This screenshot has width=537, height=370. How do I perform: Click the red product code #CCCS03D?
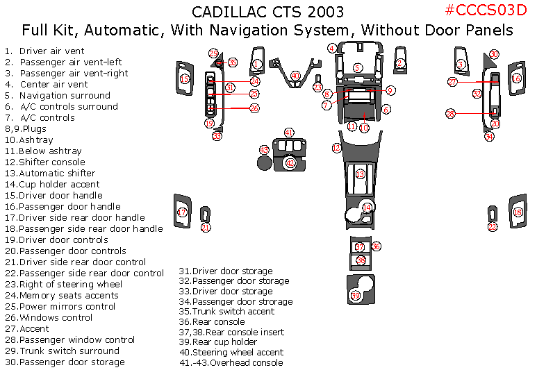click(486, 10)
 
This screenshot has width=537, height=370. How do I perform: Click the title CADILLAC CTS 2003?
click(267, 12)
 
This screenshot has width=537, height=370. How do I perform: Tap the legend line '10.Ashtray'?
click(34, 140)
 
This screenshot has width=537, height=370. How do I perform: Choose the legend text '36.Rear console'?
click(212, 321)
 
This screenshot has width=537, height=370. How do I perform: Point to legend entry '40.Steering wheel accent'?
click(231, 352)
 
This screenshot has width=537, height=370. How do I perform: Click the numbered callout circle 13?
click(360, 174)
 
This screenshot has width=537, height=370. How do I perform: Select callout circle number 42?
click(290, 162)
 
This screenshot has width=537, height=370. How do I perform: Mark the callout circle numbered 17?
click(182, 212)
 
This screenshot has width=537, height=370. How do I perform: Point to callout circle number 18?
click(517, 212)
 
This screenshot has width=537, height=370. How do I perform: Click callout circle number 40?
click(295, 75)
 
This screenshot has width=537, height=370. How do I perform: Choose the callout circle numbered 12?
click(336, 147)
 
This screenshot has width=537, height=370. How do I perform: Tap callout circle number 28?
click(450, 113)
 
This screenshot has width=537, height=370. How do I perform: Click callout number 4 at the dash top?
click(333, 48)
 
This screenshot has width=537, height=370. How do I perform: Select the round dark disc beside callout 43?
click(264, 163)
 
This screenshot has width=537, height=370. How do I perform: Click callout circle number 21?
click(206, 227)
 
